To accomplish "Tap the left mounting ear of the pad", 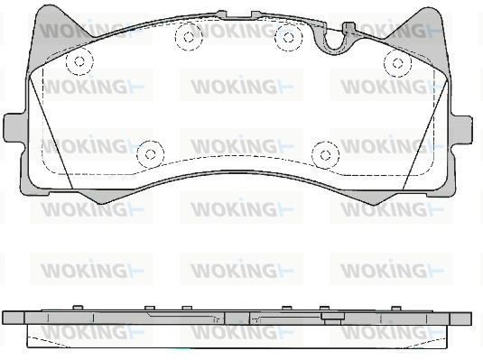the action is click(14, 128).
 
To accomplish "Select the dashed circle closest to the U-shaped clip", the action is click(289, 38).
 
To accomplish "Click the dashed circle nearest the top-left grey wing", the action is click(79, 61).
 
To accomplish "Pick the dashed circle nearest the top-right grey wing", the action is click(397, 63).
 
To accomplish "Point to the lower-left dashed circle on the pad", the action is click(151, 154).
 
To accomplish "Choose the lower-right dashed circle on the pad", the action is click(326, 155).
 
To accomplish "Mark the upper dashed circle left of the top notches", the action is click(189, 37).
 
